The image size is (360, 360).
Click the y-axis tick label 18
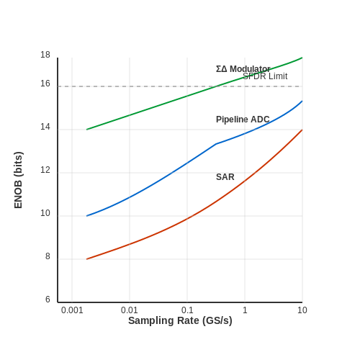[x=45, y=55]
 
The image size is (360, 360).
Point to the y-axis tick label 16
[x=45, y=84]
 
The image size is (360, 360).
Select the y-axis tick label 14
[x=45, y=127]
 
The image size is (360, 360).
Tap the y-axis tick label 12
[x=45, y=170]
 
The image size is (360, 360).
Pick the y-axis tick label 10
[x=45, y=213]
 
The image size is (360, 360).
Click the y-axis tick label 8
[x=48, y=256]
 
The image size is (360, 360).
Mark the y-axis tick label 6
[x=48, y=300]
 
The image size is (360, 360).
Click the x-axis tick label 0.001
[x=72, y=310]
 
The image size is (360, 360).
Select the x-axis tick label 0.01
[x=130, y=310]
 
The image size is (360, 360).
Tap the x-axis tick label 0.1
[x=187, y=310]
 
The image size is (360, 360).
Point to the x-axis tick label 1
[x=245, y=310]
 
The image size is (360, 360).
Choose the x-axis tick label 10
[x=302, y=310]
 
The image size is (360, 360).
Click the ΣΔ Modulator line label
[x=243, y=69]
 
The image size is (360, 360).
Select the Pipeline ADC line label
[x=243, y=120]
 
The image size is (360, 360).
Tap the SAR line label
[x=225, y=177]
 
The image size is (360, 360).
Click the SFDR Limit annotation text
[x=265, y=76]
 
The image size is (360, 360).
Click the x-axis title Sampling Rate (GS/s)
[x=180, y=320]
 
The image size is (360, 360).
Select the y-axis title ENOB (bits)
[x=18, y=180]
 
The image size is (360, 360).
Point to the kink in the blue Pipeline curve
[x=216, y=144]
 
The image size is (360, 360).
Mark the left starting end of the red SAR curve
[x=86, y=259]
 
